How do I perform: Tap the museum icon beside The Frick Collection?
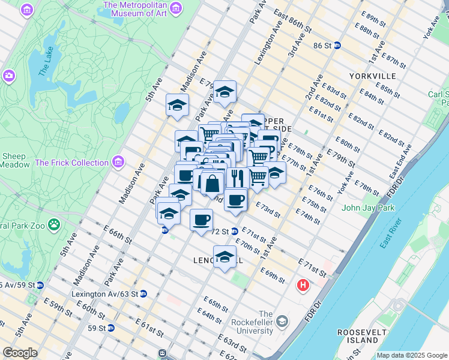[119, 162]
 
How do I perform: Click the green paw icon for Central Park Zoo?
[54, 225]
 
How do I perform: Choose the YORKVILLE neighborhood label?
[373, 76]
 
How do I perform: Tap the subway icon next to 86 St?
[337, 45]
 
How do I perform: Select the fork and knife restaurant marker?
[237, 178]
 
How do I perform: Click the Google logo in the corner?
[20, 353]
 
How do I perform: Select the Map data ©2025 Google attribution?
[411, 355]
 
